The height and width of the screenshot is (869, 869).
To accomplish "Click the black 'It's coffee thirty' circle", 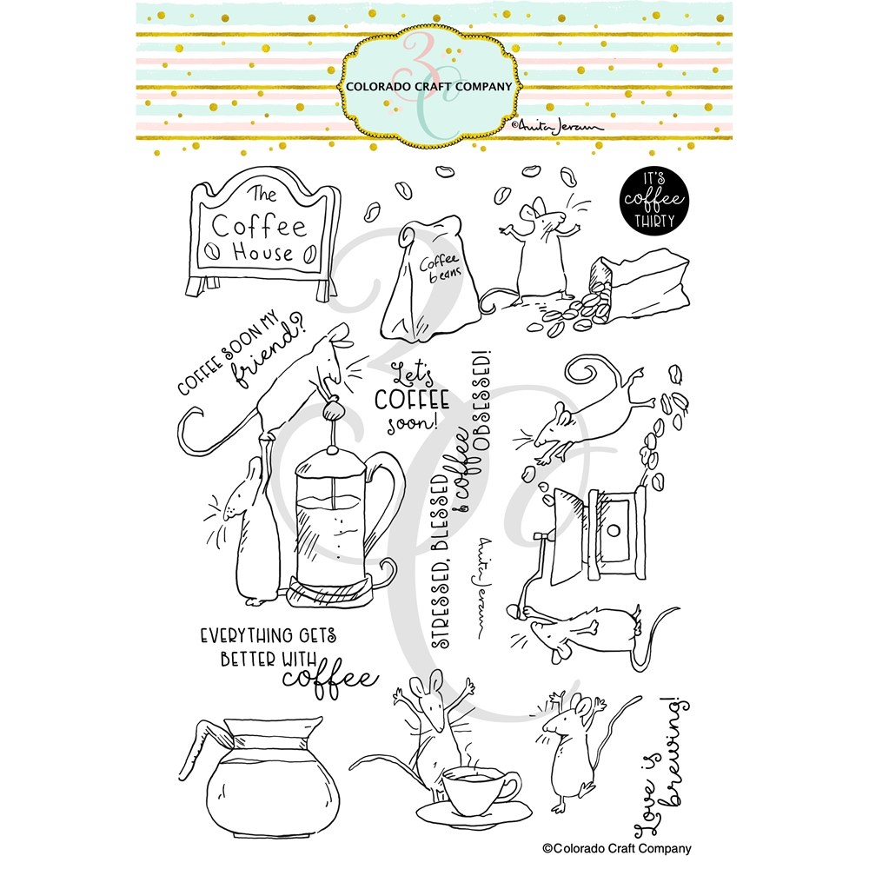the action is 654,200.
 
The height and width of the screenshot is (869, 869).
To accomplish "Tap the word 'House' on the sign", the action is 262,252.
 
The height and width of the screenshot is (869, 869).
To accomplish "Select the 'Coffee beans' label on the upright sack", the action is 440,268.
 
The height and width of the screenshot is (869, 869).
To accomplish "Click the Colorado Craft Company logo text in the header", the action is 429,86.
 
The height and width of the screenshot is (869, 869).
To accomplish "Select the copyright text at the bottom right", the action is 617,848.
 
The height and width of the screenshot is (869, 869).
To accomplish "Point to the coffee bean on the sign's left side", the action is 212,252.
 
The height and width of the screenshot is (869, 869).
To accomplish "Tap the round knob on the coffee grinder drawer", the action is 613,530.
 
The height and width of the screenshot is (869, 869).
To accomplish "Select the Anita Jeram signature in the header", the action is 556,126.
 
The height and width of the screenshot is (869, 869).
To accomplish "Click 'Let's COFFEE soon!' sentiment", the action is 411,397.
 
